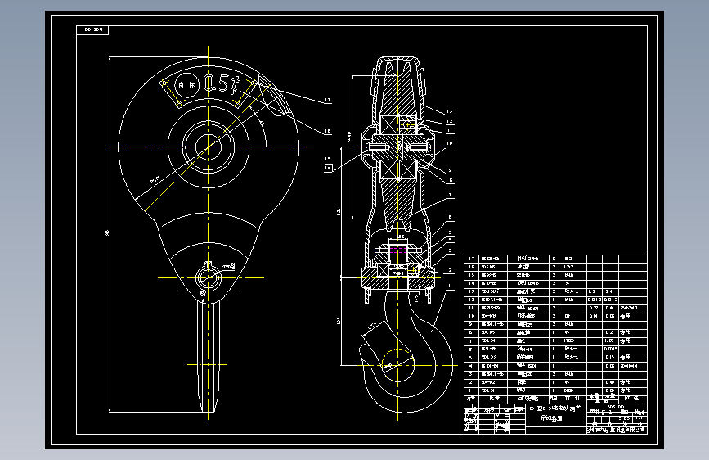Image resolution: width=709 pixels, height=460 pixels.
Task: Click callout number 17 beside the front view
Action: point(326,101)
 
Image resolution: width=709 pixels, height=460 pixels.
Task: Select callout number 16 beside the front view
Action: point(326,131)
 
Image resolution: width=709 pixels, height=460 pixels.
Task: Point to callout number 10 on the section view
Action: point(449,143)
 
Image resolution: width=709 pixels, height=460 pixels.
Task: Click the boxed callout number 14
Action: point(329,167)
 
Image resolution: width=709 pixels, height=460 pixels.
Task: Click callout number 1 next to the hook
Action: point(449,286)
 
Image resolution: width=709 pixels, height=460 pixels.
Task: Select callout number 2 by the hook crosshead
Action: point(449,270)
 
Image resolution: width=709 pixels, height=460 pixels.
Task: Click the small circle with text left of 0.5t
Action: point(186,83)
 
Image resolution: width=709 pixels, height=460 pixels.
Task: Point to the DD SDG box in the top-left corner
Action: point(92,30)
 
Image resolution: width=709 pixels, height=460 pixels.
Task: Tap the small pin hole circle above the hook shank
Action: point(209,276)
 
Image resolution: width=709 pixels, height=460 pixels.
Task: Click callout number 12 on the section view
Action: point(449,121)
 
